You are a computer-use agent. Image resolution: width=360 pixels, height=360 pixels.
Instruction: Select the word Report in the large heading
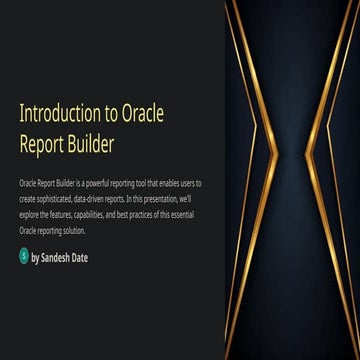coord(41,143)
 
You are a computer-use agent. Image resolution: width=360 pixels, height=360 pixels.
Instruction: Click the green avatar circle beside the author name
coord(24,256)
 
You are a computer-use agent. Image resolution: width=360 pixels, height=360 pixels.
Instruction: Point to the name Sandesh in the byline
coord(55,257)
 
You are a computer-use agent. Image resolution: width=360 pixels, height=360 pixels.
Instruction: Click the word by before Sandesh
coord(35,257)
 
